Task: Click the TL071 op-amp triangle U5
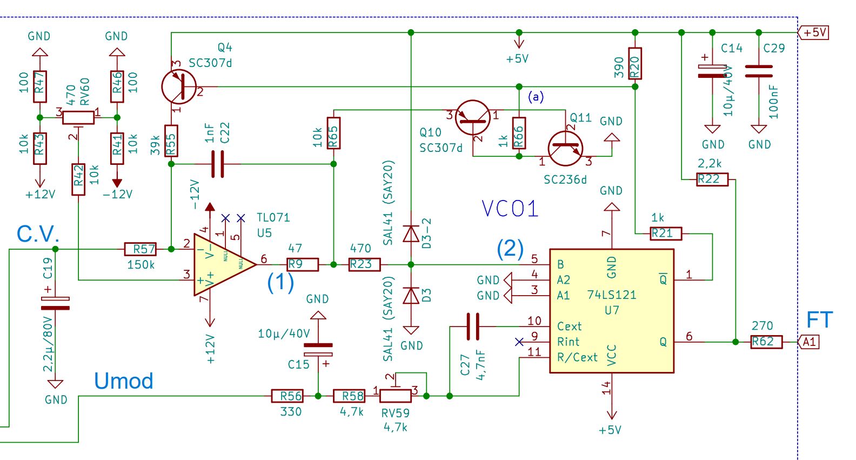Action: (222, 264)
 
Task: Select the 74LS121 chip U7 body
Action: (611, 311)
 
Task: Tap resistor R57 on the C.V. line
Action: (141, 249)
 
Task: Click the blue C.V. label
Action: (38, 234)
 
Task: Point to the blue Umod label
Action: (124, 381)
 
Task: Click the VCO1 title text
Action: (510, 209)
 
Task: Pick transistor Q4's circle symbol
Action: (179, 87)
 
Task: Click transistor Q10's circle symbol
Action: (473, 117)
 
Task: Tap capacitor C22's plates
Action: (217, 164)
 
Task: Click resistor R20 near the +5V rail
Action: (635, 64)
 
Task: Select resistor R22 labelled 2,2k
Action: (712, 179)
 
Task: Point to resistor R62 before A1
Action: (766, 342)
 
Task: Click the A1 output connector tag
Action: (808, 342)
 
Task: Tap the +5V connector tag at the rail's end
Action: (814, 32)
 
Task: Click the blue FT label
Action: (819, 320)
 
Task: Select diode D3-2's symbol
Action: (411, 234)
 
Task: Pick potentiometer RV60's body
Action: (78, 117)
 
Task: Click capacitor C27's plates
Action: (473, 326)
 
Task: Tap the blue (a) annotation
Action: (536, 97)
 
